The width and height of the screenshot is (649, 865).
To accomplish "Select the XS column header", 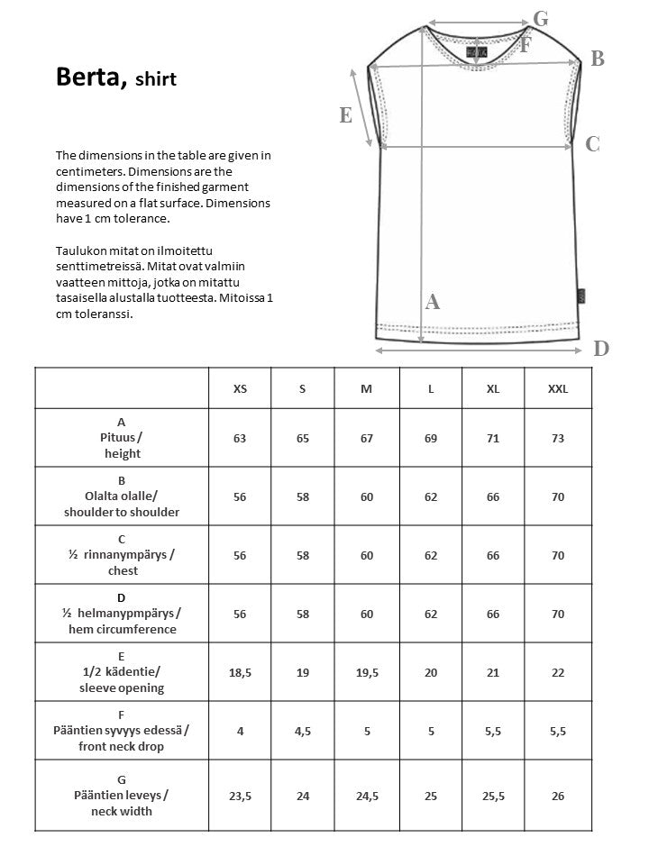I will [x=240, y=388].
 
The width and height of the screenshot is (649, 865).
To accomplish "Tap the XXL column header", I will [x=558, y=388].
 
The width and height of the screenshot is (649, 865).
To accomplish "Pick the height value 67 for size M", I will [x=367, y=438].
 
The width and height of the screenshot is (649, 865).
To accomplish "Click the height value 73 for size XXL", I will [x=558, y=438].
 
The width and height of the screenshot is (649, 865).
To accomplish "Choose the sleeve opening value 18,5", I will [x=240, y=672].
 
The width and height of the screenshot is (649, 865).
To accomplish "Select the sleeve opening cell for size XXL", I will [x=558, y=672].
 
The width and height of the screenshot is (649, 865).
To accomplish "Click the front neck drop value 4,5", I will [x=303, y=731].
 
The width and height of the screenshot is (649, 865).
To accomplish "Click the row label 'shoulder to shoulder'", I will [x=122, y=512].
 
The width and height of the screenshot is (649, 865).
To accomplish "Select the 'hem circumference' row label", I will [x=122, y=629].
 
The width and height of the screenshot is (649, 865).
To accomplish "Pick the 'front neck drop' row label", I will [x=122, y=746].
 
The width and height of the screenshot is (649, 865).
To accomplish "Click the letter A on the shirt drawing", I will [x=433, y=303].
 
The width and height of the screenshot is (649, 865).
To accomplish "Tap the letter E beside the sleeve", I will [x=345, y=115].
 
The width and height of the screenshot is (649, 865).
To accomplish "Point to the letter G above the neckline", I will [x=541, y=18].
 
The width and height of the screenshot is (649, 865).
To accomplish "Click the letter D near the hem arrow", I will [x=602, y=349].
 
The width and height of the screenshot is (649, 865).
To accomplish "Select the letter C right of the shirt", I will [x=592, y=144].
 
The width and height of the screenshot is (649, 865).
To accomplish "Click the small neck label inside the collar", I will [x=477, y=53].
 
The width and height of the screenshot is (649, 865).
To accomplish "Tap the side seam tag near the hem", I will [x=580, y=295].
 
